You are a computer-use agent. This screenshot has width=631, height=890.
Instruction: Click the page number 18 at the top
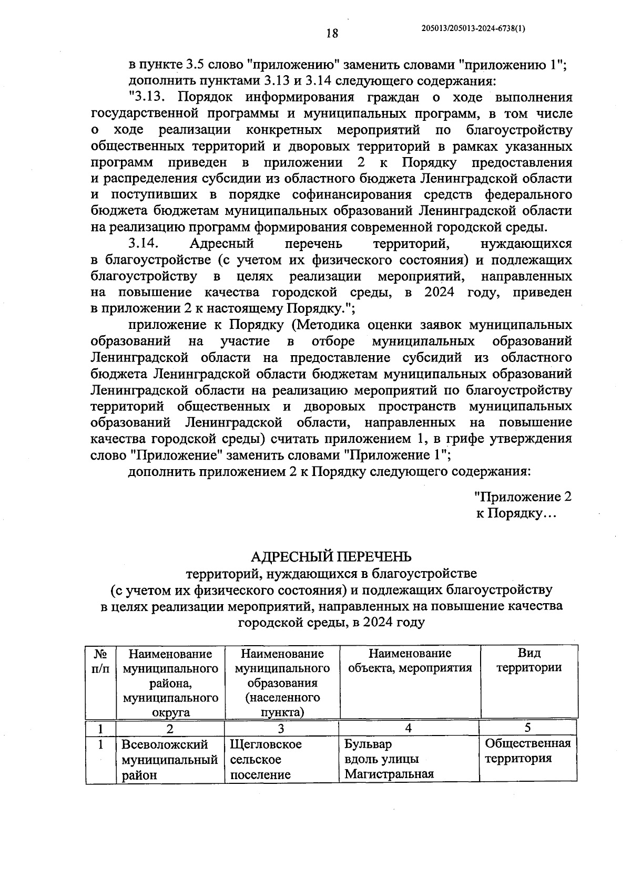[332, 34]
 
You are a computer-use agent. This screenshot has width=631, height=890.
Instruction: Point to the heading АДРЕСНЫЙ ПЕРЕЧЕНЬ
[331, 556]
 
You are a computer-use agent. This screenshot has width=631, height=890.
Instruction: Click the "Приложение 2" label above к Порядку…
[523, 496]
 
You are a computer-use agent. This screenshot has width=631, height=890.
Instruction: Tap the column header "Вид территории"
[529, 660]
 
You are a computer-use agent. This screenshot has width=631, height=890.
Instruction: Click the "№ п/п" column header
[101, 660]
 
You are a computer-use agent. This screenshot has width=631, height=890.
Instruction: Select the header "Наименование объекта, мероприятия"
[410, 660]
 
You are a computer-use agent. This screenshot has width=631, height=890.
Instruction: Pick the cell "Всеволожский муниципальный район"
[169, 759]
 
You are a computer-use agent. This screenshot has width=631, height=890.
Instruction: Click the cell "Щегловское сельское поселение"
[266, 759]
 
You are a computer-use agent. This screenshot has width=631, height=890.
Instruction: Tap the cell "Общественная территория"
[527, 751]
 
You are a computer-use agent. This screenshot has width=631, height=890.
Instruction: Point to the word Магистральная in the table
[389, 774]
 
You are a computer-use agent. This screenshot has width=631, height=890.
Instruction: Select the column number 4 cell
[409, 728]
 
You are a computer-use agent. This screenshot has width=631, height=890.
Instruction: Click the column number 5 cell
[527, 727]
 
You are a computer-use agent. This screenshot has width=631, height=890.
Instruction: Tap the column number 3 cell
[281, 728]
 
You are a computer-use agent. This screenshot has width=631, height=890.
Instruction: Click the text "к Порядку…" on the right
[515, 513]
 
